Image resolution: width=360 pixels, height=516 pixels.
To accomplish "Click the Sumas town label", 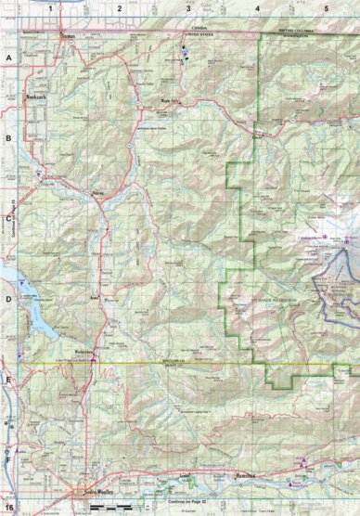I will point(66,38).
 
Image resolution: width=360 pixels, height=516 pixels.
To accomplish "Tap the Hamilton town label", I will point(245,474).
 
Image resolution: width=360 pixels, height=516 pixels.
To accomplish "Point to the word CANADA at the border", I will point(197,29).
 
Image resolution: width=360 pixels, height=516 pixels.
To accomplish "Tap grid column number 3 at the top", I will point(188,6).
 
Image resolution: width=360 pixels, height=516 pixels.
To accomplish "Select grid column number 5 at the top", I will point(326,6).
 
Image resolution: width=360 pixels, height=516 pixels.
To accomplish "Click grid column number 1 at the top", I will point(51,6).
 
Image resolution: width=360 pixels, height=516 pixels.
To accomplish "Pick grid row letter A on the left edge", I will point(7,58).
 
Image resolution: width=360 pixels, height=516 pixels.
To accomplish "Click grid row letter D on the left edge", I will point(7,299).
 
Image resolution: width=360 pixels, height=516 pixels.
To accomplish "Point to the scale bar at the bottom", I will point(109,506).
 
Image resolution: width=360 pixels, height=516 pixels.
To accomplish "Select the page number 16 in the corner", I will point(8,508).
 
